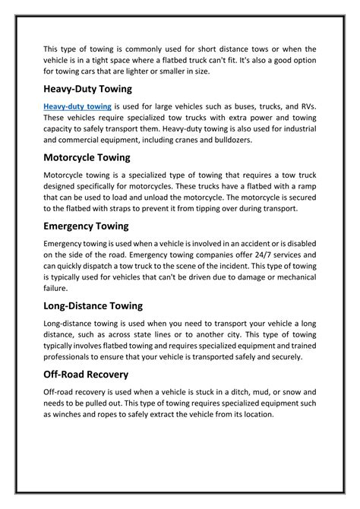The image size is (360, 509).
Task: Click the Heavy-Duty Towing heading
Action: tap(88, 90)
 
